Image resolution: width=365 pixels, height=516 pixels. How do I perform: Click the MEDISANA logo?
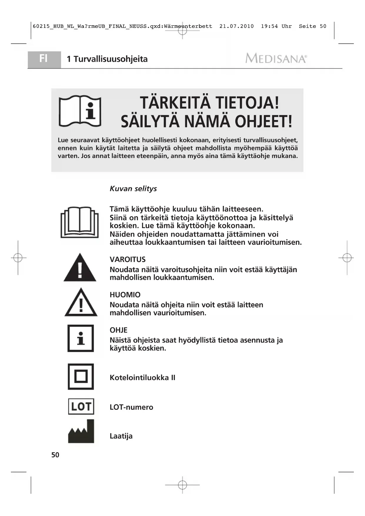(x=276, y=58)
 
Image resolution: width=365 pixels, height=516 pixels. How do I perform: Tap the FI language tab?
(x=44, y=59)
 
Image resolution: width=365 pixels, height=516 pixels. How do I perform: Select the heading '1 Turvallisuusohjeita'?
(x=107, y=59)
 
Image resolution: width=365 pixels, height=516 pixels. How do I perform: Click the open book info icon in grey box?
(x=80, y=111)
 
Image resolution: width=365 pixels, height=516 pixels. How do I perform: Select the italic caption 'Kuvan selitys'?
(x=133, y=189)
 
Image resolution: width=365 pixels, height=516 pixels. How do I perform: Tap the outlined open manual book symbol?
(x=80, y=222)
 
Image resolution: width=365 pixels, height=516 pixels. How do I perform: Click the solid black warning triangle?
(x=80, y=268)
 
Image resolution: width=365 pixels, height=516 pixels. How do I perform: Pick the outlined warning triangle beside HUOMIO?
(x=81, y=303)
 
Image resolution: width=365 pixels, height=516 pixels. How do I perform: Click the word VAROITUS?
(x=128, y=259)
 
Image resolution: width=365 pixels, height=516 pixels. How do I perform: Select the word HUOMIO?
(x=125, y=295)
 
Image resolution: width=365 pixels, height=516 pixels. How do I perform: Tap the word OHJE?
(x=119, y=330)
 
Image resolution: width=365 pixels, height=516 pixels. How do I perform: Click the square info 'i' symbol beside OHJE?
(x=81, y=338)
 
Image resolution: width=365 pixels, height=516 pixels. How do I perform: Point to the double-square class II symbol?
(x=81, y=377)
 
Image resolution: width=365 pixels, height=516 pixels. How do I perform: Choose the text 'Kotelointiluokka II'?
(x=142, y=378)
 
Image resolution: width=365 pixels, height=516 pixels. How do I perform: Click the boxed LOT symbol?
(x=81, y=407)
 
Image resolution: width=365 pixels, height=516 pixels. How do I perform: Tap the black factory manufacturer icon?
(x=81, y=432)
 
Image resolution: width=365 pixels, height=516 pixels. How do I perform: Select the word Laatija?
(x=121, y=436)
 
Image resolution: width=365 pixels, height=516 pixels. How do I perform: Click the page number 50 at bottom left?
(x=55, y=455)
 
